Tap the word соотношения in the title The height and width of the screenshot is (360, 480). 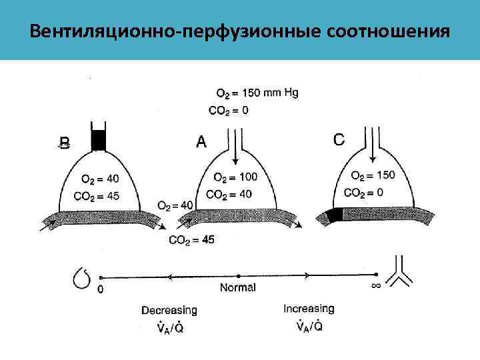[387, 31]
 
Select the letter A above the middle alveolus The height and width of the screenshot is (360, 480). [202, 141]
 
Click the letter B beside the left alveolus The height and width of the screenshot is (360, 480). [64, 143]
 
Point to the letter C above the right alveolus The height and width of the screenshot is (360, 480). [339, 139]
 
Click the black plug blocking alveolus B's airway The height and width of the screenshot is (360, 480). [98, 139]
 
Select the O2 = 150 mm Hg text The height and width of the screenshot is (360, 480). [257, 93]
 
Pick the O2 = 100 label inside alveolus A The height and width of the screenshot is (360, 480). [235, 177]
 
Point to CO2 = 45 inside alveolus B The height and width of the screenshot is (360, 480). [101, 195]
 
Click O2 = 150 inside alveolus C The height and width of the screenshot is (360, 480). [373, 175]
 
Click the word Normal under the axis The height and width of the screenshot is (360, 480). [238, 288]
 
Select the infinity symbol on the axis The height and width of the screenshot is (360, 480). [375, 286]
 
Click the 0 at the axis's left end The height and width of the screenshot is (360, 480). [101, 289]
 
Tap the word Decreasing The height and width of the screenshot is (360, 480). [169, 310]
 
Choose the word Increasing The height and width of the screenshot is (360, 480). [309, 309]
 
